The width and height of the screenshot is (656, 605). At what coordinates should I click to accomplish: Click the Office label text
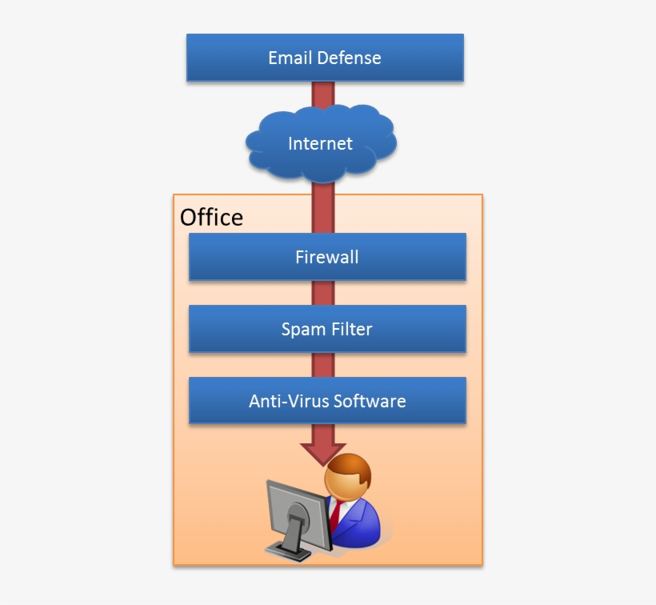211,217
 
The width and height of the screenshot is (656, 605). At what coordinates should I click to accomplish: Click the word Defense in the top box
349,58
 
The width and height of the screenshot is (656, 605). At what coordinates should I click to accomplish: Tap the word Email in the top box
290,58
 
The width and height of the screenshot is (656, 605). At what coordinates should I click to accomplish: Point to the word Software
370,401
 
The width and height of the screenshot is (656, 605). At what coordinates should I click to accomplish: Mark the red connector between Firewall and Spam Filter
322,292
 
